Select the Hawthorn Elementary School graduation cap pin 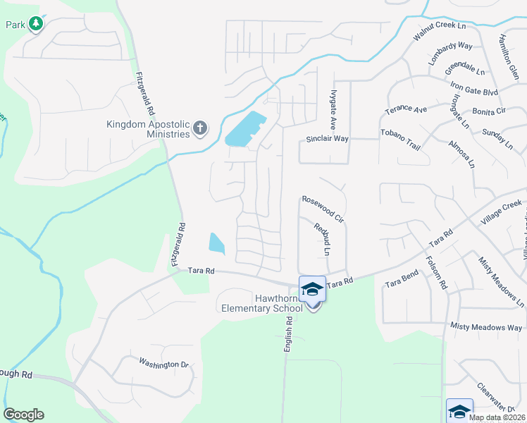click(x=312, y=290)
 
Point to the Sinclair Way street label click(x=327, y=139)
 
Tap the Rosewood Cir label click(x=322, y=209)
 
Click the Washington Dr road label click(x=164, y=364)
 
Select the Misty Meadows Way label click(x=486, y=327)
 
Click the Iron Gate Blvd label click(x=474, y=92)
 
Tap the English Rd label click(x=288, y=331)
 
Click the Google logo click(x=23, y=415)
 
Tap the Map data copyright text click(x=497, y=417)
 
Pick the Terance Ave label click(x=406, y=110)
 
